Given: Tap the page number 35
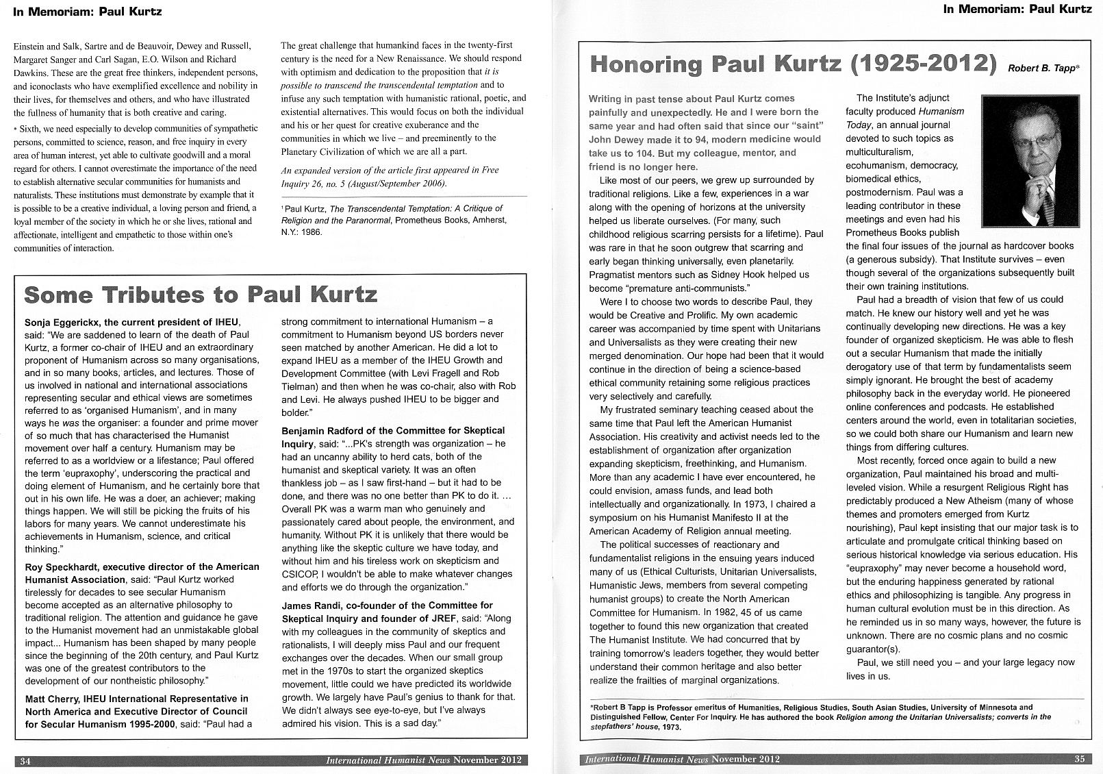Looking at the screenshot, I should pyautogui.click(x=1079, y=759).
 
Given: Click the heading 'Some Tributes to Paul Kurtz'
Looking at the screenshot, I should pyautogui.click(x=201, y=295).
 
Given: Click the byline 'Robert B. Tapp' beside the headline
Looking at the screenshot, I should pyautogui.click(x=1041, y=68).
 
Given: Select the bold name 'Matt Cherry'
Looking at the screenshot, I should pyautogui.click(x=51, y=699).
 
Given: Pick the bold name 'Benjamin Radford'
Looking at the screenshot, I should pyautogui.click(x=320, y=431).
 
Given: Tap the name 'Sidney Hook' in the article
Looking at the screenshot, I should pyautogui.click(x=733, y=275).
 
